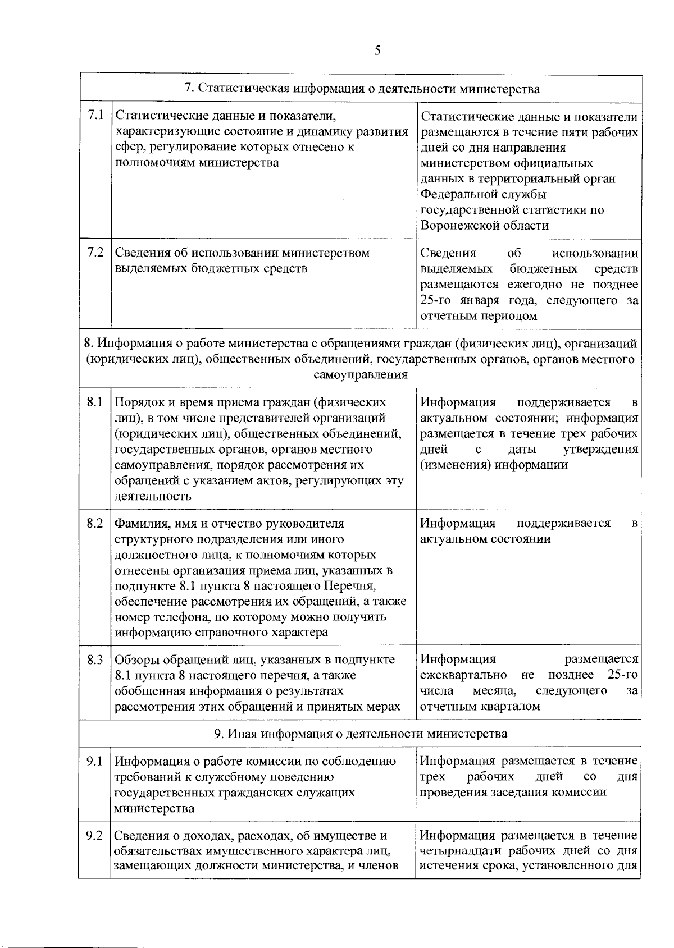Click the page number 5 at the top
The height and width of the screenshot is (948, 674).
(377, 51)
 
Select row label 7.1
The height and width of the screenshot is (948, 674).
(96, 116)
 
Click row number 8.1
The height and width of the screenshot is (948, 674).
(95, 402)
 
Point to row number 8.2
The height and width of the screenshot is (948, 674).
(95, 523)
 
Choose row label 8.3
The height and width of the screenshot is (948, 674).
(95, 660)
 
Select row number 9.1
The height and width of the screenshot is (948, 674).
(94, 761)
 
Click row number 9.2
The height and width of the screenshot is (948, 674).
(94, 836)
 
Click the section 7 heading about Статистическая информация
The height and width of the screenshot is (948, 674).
(362, 89)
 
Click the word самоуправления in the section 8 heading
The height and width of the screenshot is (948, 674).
(361, 375)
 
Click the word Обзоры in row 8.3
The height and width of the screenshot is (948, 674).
(135, 660)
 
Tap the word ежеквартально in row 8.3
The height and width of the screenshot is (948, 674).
(463, 675)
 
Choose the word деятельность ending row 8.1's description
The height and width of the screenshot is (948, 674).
(153, 496)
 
